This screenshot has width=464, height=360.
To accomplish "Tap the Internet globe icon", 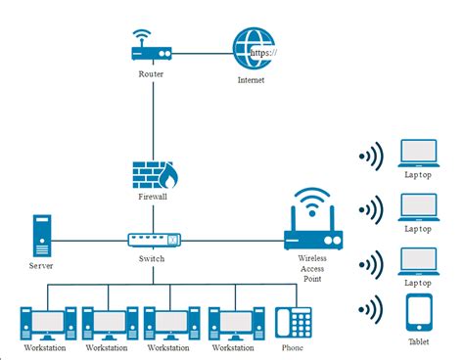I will pyautogui.click(x=253, y=49).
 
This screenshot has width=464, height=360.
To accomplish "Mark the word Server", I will pyautogui.click(x=41, y=265).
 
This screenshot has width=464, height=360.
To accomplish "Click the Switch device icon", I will pyautogui.click(x=154, y=239).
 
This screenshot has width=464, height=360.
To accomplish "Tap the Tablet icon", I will pyautogui.click(x=419, y=312).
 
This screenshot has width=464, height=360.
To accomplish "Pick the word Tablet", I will pyautogui.click(x=419, y=341).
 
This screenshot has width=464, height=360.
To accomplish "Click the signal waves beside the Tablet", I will pyautogui.click(x=370, y=312).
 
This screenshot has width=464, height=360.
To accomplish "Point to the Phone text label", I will pyautogui.click(x=294, y=347).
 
